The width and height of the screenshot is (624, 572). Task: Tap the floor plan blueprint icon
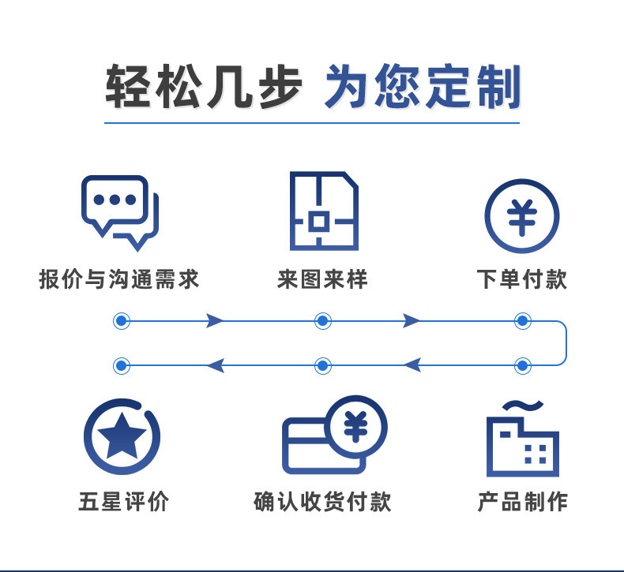pos(323,211)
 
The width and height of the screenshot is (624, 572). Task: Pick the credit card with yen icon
pos(334,436)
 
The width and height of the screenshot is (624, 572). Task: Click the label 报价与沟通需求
pos(119,279)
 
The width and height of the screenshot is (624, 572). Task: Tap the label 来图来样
pos(323,279)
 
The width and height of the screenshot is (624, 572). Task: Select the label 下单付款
pos(522,279)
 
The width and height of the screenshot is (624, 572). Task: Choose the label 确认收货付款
pos(322,502)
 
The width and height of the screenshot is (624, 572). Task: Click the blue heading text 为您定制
pos(422,87)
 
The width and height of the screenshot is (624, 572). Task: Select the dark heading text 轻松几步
pos(203,87)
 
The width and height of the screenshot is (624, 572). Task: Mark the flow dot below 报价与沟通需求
pos(121,321)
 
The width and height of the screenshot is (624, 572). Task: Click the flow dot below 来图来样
pos(322,321)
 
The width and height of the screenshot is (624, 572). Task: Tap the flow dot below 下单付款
pos(522,321)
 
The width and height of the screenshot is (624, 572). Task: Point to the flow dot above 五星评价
pos(121,365)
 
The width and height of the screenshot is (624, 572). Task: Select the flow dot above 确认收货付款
pos(322,365)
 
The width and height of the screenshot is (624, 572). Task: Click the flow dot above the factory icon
pos(522,365)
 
